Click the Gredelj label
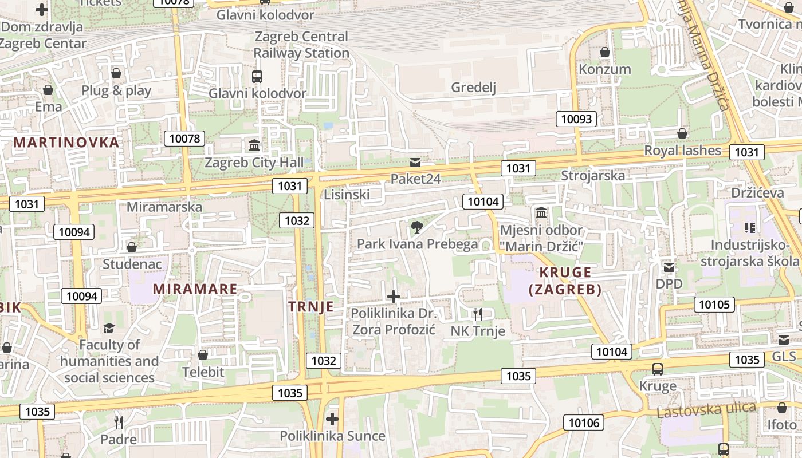click(x=473, y=87)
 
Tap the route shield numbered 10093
click(x=576, y=119)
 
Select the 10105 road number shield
click(x=714, y=304)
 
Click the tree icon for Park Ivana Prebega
click(x=417, y=227)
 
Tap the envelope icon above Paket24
click(x=415, y=163)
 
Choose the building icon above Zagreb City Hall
click(x=254, y=145)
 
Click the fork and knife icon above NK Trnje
click(x=478, y=314)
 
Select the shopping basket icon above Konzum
click(x=604, y=53)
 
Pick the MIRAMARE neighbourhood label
click(x=195, y=289)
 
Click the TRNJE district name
click(x=311, y=306)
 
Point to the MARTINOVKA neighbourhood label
click(x=66, y=142)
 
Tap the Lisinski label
click(x=347, y=194)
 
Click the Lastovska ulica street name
click(x=706, y=410)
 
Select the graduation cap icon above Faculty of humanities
click(x=109, y=328)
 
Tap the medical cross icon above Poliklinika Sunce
click(x=332, y=418)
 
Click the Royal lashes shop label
click(x=682, y=151)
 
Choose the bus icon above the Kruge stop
click(x=658, y=369)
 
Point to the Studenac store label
click(x=132, y=264)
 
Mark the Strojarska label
click(x=593, y=175)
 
